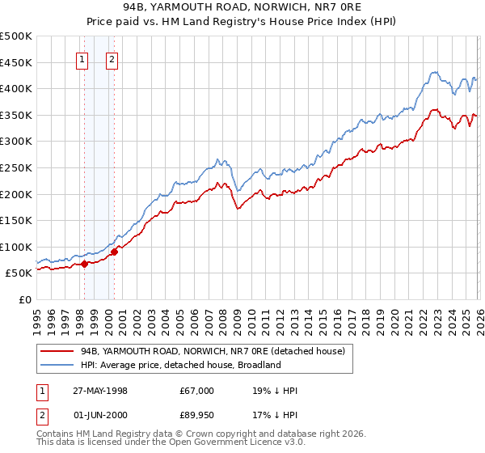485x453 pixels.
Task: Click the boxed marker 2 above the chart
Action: [112, 58]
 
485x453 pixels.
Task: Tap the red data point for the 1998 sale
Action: [84, 264]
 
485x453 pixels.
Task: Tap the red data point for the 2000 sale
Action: [114, 252]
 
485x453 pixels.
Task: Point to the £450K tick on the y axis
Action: [17, 62]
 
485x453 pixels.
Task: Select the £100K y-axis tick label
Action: [17, 247]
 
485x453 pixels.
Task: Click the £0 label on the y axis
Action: [24, 299]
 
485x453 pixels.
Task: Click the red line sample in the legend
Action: [57, 351]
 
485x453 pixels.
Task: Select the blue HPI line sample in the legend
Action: [57, 365]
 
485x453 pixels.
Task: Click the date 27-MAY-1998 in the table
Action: [101, 391]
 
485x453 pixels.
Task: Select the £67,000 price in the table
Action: [197, 391]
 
